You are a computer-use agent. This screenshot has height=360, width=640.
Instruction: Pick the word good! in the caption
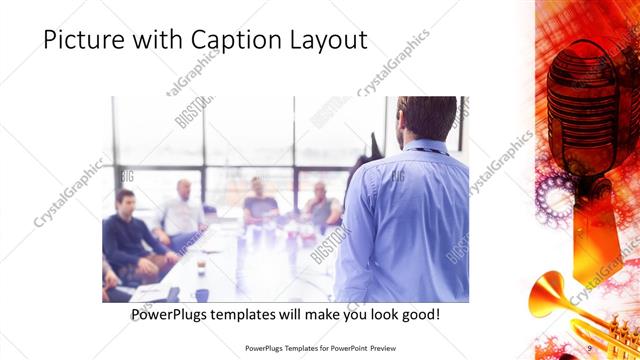tap(418, 314)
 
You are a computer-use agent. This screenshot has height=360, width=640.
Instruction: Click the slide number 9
tap(589, 348)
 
